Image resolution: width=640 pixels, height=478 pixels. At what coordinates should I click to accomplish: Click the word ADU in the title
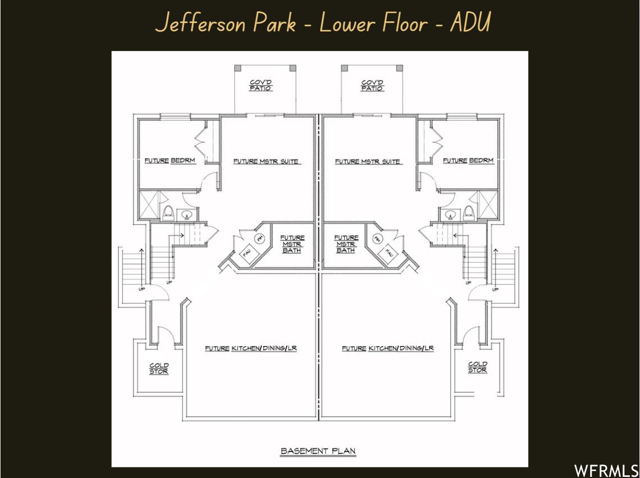470,23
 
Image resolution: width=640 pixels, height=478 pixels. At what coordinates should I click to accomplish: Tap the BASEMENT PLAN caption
318,451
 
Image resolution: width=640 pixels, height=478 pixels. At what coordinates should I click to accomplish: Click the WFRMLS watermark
606,470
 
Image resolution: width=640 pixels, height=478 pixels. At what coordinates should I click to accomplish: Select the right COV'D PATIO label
372,85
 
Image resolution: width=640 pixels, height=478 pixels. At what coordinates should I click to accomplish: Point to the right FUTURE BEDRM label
468,161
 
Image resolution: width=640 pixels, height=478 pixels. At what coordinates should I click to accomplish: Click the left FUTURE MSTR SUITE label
266,162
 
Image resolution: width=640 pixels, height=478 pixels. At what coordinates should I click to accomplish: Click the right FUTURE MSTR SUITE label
368,162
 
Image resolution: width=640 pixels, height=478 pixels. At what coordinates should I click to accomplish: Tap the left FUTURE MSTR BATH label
292,244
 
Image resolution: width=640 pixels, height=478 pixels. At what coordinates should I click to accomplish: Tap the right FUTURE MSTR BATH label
346,244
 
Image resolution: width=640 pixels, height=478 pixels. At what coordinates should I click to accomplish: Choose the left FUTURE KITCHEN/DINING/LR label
250,349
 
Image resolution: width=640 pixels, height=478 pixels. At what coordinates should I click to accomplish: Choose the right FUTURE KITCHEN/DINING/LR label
388,349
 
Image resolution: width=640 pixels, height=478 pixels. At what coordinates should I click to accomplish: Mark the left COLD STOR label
159,368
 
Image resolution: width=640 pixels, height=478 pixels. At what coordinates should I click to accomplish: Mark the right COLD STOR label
477,367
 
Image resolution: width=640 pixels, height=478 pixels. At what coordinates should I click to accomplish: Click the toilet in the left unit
167,213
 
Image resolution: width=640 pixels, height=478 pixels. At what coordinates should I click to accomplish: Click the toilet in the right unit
468,213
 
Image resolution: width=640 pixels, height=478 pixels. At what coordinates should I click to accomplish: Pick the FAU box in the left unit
247,253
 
